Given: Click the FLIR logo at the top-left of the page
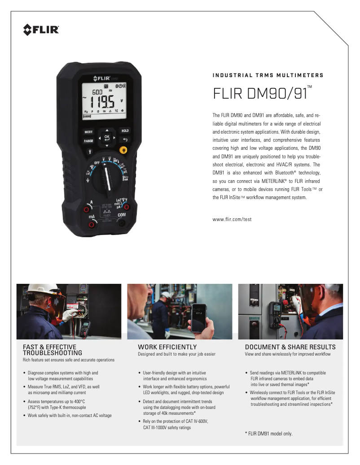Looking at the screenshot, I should point(41,30).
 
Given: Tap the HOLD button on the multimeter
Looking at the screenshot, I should point(125,131).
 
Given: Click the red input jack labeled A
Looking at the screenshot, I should point(86,209).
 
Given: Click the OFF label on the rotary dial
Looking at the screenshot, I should point(97,162).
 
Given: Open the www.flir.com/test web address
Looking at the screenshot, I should point(232,220).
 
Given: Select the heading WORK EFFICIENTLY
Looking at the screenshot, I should point(167,347).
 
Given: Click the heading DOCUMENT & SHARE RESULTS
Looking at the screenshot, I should point(290,347).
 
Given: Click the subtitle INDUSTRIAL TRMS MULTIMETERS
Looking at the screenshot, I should point(268,75).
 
